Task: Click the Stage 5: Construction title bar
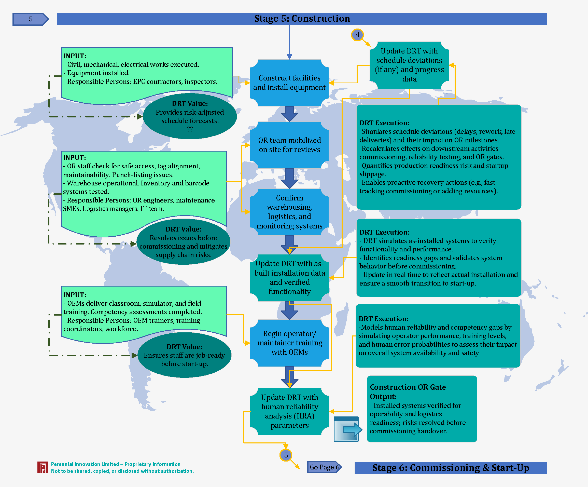(x=302, y=19)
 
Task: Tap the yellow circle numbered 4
(x=357, y=35)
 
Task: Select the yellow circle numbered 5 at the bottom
(x=286, y=455)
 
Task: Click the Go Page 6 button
(x=324, y=467)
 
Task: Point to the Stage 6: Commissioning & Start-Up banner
(x=451, y=468)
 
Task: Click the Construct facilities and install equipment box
(x=289, y=83)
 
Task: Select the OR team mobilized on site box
(x=289, y=145)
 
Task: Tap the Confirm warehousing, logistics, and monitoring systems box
(x=289, y=212)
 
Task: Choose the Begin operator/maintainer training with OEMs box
(x=289, y=343)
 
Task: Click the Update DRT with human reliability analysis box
(x=289, y=411)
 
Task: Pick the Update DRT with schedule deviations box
(x=409, y=65)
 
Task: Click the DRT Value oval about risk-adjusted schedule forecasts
(x=190, y=116)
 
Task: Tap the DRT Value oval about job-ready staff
(x=184, y=355)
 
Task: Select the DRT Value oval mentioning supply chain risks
(x=183, y=242)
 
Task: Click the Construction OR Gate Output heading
(x=408, y=392)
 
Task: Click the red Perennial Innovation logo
(x=43, y=467)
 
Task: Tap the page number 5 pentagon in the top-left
(x=31, y=19)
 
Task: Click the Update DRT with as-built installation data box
(x=289, y=278)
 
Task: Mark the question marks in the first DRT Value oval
(x=190, y=129)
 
